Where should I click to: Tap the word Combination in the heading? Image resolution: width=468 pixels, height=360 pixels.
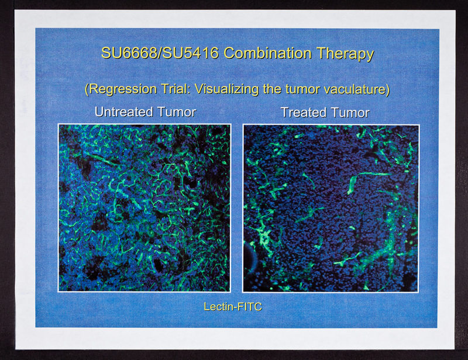click(x=267, y=53)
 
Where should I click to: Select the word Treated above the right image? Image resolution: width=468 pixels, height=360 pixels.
click(x=304, y=113)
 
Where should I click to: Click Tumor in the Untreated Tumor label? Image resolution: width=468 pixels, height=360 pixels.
click(x=177, y=112)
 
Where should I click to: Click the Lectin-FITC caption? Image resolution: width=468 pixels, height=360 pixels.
click(x=233, y=307)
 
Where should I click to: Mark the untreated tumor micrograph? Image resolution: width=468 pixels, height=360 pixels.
click(x=144, y=208)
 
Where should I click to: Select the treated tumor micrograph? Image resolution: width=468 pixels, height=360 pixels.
click(x=331, y=208)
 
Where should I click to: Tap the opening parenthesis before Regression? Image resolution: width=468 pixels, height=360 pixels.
click(x=87, y=90)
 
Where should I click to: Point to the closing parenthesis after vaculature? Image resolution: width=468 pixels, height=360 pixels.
click(x=388, y=90)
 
